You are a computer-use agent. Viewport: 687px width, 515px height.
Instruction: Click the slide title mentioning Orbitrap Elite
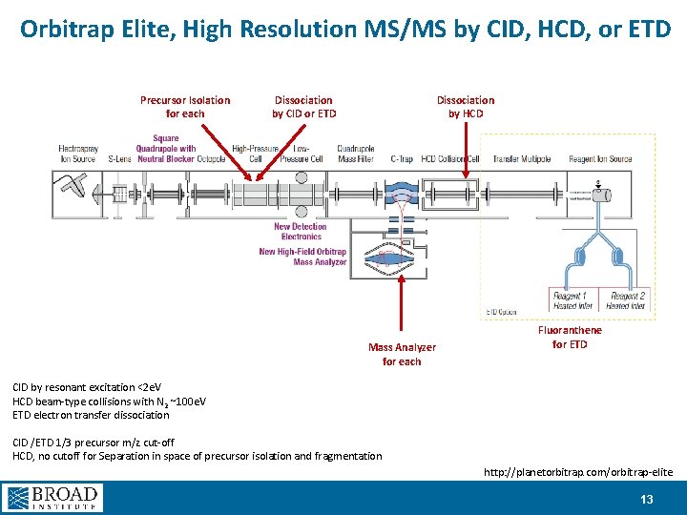pyautogui.click(x=343, y=29)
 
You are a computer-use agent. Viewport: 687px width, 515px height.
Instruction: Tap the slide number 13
pyautogui.click(x=647, y=499)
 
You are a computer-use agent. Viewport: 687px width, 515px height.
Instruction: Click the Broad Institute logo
pyautogui.click(x=52, y=498)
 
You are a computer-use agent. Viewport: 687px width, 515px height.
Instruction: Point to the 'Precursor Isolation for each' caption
pyautogui.click(x=185, y=107)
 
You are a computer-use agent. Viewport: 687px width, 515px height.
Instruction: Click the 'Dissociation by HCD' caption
pyautogui.click(x=466, y=107)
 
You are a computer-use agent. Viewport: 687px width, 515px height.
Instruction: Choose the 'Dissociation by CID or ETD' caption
pyautogui.click(x=303, y=107)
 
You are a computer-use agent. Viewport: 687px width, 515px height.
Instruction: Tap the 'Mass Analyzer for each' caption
pyautogui.click(x=402, y=355)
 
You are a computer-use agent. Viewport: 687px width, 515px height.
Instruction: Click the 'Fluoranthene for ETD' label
pyautogui.click(x=570, y=337)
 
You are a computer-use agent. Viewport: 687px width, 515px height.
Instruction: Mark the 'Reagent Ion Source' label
pyautogui.click(x=600, y=159)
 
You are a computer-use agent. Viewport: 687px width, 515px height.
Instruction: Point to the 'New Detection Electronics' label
pyautogui.click(x=301, y=231)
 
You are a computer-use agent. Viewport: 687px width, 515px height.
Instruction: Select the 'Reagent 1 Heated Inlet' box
pyautogui.click(x=572, y=301)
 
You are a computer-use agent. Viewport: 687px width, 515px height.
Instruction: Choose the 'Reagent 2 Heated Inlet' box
pyautogui.click(x=626, y=301)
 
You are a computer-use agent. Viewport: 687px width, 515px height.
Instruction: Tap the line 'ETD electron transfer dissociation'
pyautogui.click(x=91, y=415)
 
